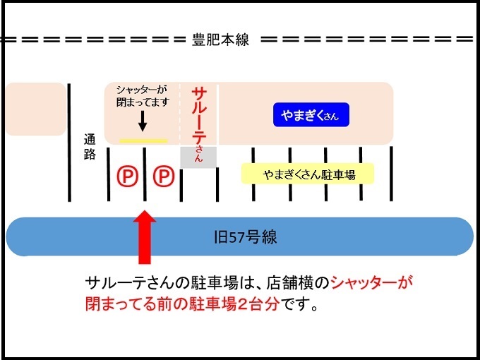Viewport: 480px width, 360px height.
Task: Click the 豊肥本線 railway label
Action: point(221,40)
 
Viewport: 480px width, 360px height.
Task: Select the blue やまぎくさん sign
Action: point(311,116)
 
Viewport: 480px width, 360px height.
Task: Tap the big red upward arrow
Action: point(144,237)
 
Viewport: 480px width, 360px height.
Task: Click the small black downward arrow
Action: point(143,122)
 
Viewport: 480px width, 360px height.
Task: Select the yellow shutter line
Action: point(143,140)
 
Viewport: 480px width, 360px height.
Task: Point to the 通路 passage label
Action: point(89,148)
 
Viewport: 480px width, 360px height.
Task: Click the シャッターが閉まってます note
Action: point(143,96)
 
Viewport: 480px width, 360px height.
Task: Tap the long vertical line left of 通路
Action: point(69,142)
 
